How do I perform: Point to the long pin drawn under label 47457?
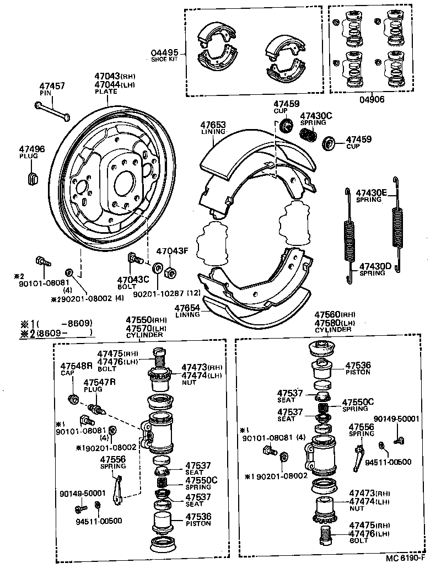pos(53,111)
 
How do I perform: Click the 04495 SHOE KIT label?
pos(164,55)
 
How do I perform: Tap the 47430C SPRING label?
pos(316,119)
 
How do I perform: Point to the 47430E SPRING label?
pos(372,195)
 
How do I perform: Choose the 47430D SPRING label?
pos(375,269)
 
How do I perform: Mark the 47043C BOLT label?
pos(133,282)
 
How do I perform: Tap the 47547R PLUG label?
pos(99,384)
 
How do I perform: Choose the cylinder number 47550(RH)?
pos(146,320)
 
